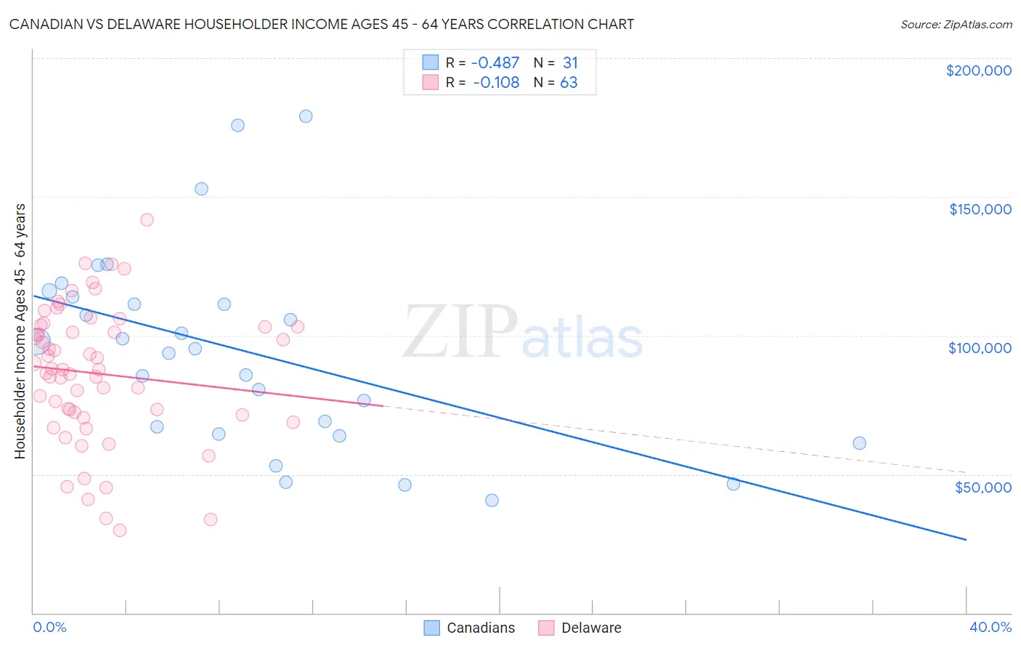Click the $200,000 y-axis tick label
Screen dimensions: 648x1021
point(978,70)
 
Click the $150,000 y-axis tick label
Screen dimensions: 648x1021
point(980,209)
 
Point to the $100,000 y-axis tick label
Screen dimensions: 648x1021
point(980,348)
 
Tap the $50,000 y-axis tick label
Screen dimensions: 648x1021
point(983,487)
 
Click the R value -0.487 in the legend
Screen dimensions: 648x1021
point(496,63)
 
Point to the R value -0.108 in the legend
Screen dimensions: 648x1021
point(496,83)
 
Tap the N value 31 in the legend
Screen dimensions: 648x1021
point(570,63)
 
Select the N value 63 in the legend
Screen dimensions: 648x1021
point(569,83)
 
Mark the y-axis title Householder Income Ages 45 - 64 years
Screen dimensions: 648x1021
point(20,331)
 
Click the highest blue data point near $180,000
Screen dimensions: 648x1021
point(306,116)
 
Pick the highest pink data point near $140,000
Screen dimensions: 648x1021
point(147,220)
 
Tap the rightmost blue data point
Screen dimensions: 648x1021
point(860,443)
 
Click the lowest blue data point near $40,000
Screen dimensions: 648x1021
point(492,501)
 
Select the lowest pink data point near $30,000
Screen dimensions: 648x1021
point(120,530)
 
